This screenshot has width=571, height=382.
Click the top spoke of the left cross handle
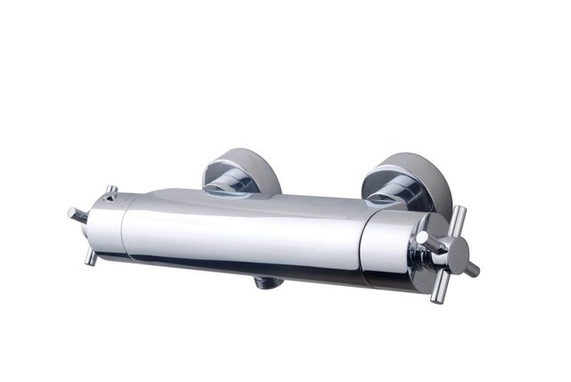pos(110,191)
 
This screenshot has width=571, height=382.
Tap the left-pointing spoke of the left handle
pos(76,215)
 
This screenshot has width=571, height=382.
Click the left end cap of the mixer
pos(105,227)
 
